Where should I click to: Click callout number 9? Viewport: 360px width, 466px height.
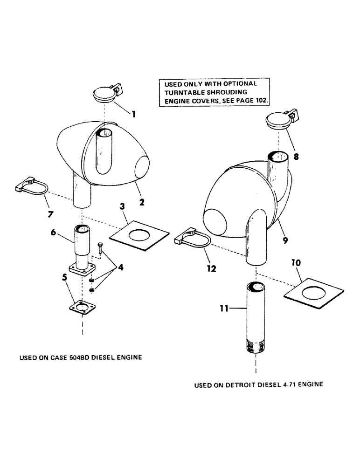[285, 240]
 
